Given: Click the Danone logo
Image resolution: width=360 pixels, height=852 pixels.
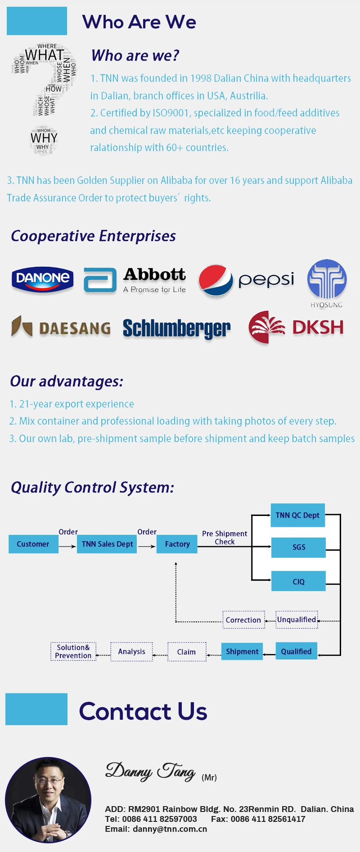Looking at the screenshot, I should [42, 279].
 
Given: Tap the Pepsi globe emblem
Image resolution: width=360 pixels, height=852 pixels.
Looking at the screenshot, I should [216, 280].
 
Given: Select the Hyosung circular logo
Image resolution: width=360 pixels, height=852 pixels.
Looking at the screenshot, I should [327, 279].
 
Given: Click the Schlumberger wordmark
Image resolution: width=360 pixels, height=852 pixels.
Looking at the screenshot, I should [176, 329].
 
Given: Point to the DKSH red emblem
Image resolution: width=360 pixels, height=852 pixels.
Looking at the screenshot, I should [266, 327].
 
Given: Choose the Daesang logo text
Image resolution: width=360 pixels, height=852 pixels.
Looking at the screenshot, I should [75, 328].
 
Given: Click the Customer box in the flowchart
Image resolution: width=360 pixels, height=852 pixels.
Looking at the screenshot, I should [33, 544].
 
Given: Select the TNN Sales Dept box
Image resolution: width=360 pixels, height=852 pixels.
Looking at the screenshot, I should [107, 544].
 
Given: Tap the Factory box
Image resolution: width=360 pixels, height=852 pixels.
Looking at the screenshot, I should [177, 544].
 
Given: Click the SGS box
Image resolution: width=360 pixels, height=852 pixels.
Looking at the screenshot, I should [298, 547].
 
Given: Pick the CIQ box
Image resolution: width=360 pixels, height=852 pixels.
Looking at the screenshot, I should [298, 581].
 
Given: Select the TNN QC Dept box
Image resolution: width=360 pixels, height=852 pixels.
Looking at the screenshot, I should [297, 515].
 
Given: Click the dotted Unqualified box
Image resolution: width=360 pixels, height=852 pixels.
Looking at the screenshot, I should [297, 619].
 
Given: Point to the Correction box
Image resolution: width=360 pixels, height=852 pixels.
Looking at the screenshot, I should [243, 620].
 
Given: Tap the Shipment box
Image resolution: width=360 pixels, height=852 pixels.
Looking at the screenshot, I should [242, 651].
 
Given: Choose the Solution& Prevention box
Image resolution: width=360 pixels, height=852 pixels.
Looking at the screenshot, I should [73, 651].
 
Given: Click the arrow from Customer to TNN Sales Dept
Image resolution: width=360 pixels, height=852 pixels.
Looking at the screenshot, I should [67, 546].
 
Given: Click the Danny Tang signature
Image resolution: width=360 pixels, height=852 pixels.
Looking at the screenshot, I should [150, 771].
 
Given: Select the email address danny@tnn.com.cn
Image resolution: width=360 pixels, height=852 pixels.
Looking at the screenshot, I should [170, 829].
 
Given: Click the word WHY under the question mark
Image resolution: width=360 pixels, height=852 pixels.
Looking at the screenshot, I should [44, 138].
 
